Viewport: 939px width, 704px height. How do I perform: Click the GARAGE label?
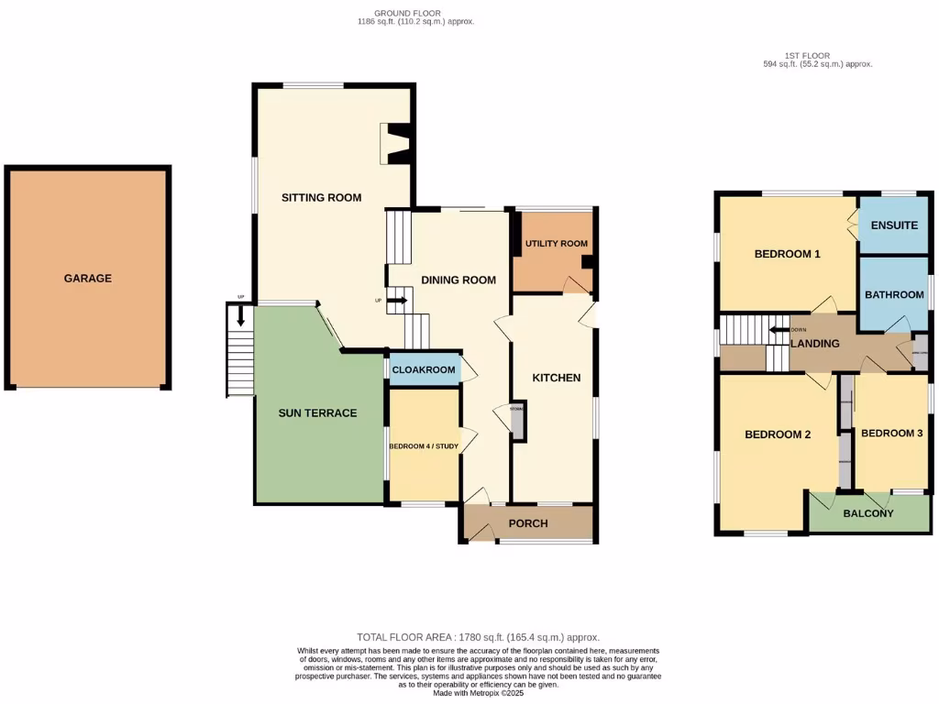click(x=88, y=278)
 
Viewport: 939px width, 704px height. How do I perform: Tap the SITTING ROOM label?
click(x=321, y=197)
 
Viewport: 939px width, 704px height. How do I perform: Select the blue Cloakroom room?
click(x=423, y=369)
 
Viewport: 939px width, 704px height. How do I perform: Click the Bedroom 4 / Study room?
click(x=423, y=445)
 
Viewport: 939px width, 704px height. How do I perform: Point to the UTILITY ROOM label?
click(x=556, y=244)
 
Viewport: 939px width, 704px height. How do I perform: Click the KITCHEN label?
click(x=557, y=377)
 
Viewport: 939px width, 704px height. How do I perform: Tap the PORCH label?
click(x=528, y=523)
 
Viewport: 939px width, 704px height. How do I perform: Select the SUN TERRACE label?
click(x=317, y=412)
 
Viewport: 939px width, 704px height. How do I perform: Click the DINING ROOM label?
click(x=458, y=280)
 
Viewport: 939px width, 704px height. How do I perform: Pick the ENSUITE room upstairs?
click(x=894, y=225)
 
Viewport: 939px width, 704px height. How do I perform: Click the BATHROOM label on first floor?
click(x=894, y=294)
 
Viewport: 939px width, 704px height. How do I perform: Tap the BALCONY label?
click(x=867, y=513)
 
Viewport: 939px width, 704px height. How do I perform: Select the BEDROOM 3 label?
click(x=891, y=433)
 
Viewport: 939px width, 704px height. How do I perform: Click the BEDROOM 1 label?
click(x=787, y=254)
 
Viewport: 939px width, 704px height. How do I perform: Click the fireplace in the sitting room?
click(x=396, y=144)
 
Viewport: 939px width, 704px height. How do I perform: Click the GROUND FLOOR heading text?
click(x=415, y=13)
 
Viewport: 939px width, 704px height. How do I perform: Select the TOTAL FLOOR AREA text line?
click(x=478, y=636)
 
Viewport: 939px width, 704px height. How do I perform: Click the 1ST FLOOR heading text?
click(x=817, y=56)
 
